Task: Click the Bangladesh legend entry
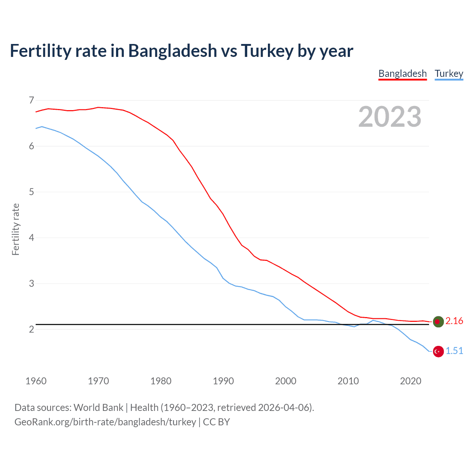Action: [x=402, y=74]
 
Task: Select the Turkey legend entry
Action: [x=449, y=74]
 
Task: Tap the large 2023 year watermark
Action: [x=389, y=117]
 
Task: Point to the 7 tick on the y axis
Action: [x=31, y=100]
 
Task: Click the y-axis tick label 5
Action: [x=31, y=192]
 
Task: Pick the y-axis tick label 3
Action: [x=31, y=283]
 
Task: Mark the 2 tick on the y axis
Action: [x=31, y=329]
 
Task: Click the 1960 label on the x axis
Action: [x=36, y=381]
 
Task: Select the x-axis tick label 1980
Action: [x=161, y=381]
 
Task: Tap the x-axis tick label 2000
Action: [x=286, y=381]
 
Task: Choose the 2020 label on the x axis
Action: [x=411, y=381]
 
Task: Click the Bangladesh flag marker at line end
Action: [x=438, y=321]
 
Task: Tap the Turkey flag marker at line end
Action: [x=438, y=351]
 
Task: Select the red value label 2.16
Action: [x=454, y=321]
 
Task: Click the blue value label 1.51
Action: [x=454, y=351]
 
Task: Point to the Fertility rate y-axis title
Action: [x=16, y=229]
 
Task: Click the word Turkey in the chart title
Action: [x=267, y=51]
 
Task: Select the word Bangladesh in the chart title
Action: [x=173, y=51]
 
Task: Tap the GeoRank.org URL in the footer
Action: [x=105, y=422]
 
